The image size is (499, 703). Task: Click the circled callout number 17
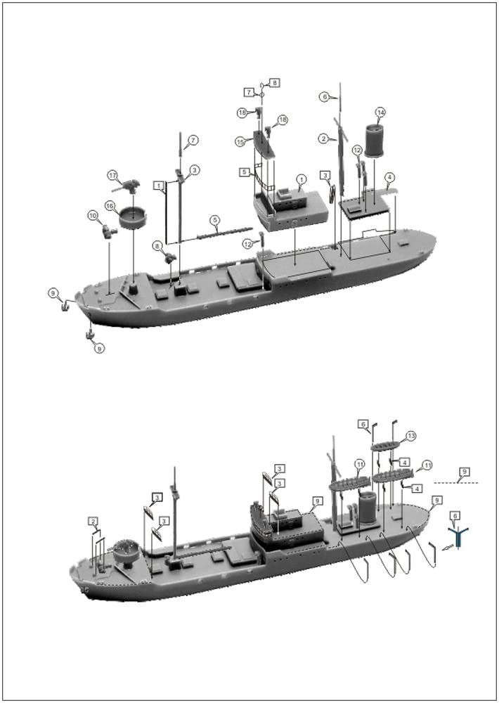pyautogui.click(x=112, y=174)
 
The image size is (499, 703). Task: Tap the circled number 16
pyautogui.click(x=110, y=205)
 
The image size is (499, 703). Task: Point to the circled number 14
pyautogui.click(x=380, y=112)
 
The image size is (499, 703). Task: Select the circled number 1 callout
pyautogui.click(x=300, y=180)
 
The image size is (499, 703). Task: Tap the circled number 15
pyautogui.click(x=240, y=141)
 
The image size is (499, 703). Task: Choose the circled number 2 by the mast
pyautogui.click(x=324, y=138)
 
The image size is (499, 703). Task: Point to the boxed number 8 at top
pyautogui.click(x=275, y=82)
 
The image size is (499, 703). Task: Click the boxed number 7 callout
pyautogui.click(x=249, y=92)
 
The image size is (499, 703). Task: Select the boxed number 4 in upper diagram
pyautogui.click(x=390, y=176)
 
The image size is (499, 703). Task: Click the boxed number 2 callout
pyautogui.click(x=93, y=521)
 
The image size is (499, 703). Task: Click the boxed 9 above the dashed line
pyautogui.click(x=464, y=470)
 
